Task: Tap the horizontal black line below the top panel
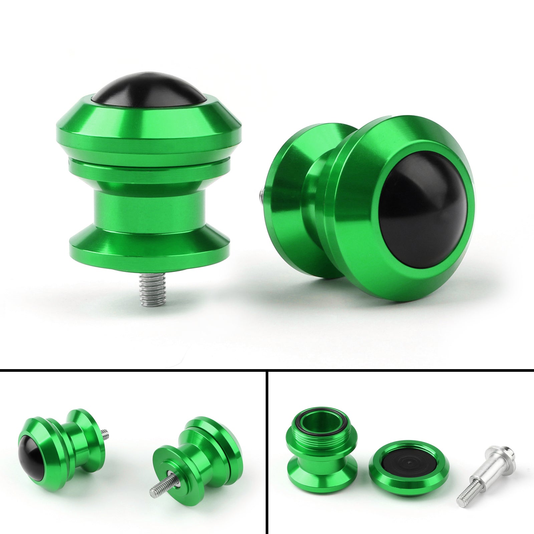point(267,369)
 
